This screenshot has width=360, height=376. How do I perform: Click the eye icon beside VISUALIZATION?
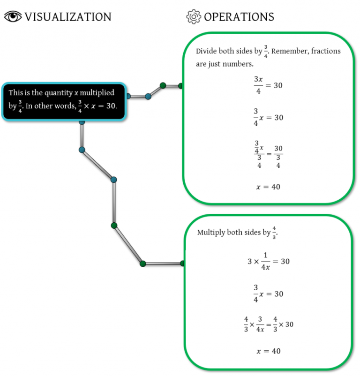click(x=13, y=17)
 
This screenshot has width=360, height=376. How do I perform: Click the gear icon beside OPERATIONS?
click(x=193, y=17)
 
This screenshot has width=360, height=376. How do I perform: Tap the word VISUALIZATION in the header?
click(x=68, y=17)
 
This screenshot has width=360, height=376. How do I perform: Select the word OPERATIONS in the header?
click(x=239, y=17)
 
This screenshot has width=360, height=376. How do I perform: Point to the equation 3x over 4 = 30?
click(x=268, y=85)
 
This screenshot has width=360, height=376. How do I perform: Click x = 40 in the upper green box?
click(x=268, y=187)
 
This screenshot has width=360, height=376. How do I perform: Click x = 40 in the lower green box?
click(x=268, y=351)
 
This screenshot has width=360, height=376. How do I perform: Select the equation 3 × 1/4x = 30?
click(x=268, y=262)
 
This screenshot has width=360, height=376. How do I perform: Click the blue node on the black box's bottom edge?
click(x=82, y=122)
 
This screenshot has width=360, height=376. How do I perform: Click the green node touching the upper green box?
click(x=181, y=86)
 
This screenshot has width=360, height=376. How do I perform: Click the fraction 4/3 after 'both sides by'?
click(x=275, y=233)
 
